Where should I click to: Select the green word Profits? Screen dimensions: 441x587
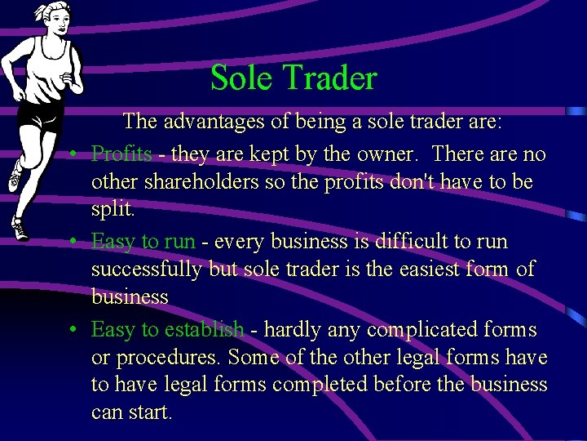click(x=121, y=154)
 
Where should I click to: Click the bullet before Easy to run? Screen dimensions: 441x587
click(x=73, y=243)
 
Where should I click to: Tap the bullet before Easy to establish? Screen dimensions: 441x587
click(x=73, y=331)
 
